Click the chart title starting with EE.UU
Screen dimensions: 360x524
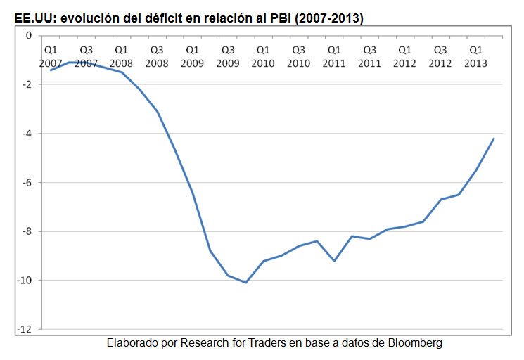(x=189, y=16)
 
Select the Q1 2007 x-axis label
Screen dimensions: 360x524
(x=51, y=57)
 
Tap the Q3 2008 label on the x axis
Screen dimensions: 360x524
(x=157, y=57)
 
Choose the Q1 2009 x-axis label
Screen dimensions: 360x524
(x=192, y=57)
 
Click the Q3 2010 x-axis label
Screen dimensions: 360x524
(x=298, y=57)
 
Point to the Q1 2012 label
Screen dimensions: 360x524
(x=405, y=57)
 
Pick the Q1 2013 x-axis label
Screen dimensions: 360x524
(x=475, y=57)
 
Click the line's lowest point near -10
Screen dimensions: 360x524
(x=245, y=283)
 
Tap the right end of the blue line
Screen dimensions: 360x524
(x=494, y=139)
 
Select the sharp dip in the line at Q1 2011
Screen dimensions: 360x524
(x=334, y=261)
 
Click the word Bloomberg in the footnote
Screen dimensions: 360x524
(x=414, y=343)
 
